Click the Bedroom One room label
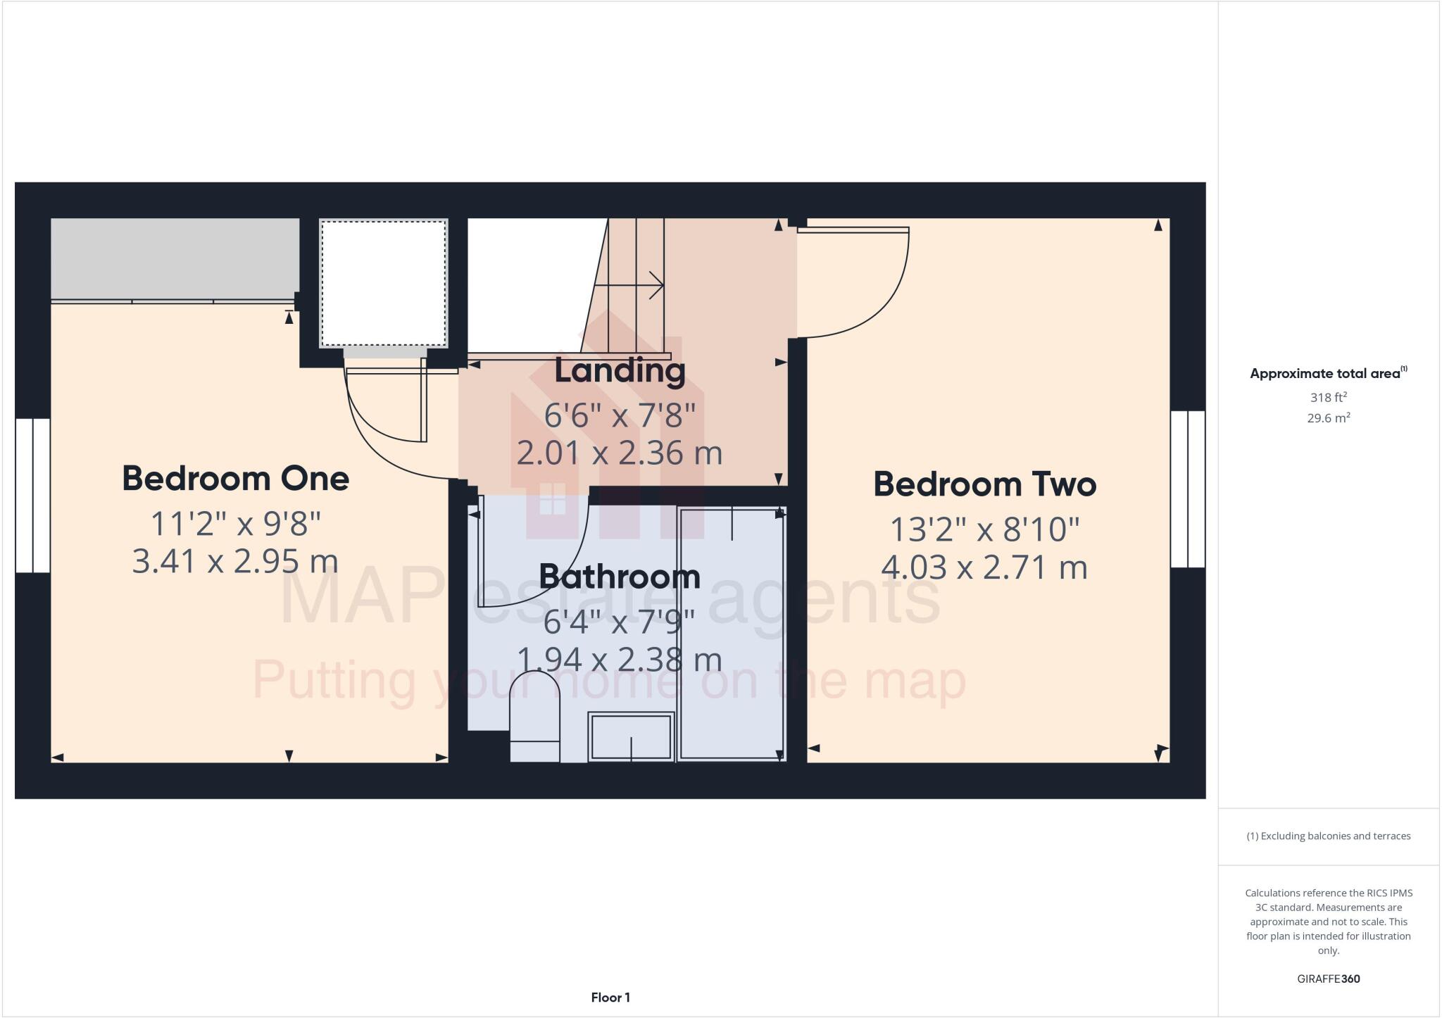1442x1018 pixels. point(235,479)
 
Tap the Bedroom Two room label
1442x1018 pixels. point(984,484)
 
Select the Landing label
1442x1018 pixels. point(620,371)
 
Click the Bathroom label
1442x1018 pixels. point(620,577)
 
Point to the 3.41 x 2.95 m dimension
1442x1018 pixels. point(235,562)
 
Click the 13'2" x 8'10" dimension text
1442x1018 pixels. point(984,529)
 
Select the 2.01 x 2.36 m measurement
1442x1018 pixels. point(620,453)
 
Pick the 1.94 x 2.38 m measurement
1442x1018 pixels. point(620,660)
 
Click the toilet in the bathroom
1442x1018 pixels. point(534,715)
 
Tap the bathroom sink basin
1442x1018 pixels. point(631,736)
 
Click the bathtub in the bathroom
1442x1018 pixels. point(732,634)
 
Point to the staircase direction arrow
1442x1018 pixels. point(629,285)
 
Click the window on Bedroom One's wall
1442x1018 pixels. point(32,495)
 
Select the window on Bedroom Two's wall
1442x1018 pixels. point(1188,489)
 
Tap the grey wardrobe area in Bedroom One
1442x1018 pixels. point(175,258)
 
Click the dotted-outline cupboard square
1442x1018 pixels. point(384,283)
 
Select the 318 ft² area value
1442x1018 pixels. point(1328,397)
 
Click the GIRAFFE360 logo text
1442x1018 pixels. point(1328,979)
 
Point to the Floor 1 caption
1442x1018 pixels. point(610,998)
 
